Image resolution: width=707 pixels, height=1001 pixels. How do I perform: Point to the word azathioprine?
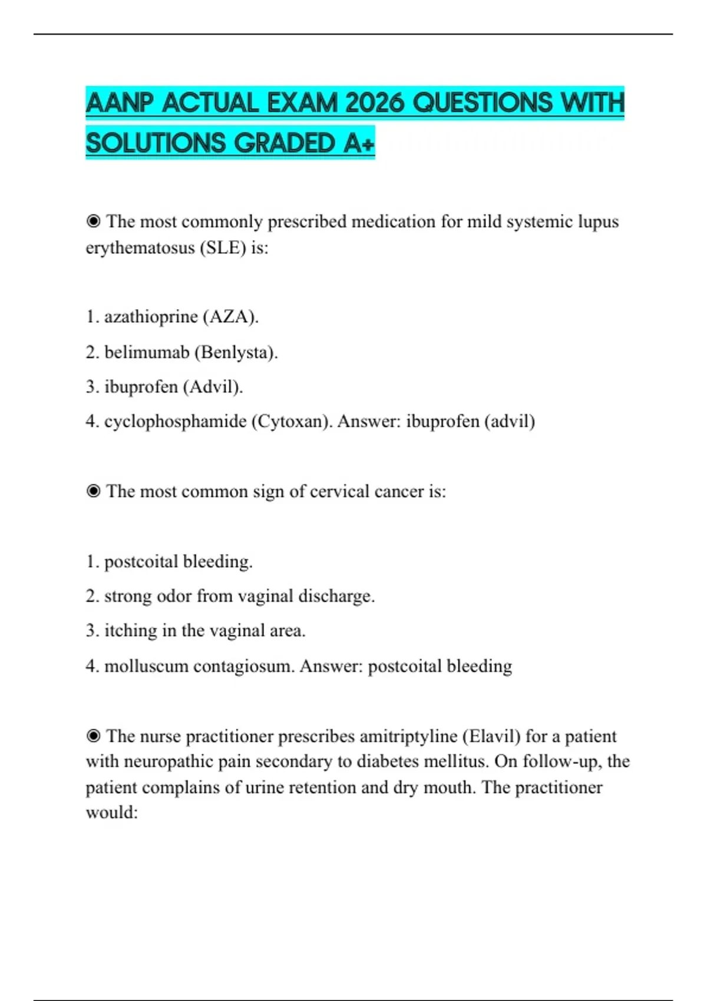tap(151, 317)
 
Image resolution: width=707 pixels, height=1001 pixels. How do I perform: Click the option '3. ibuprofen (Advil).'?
tap(164, 387)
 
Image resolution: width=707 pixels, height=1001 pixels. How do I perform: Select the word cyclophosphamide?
tap(175, 422)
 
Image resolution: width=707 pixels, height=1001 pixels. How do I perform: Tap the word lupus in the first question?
tap(598, 222)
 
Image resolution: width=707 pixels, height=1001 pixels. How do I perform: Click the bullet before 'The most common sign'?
tap(93, 491)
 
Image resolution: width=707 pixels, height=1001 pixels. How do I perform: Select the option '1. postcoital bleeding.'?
tap(169, 562)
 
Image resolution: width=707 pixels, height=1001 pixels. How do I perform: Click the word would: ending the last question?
tap(112, 813)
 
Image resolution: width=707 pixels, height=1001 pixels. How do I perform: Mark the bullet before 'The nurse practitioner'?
tap(93, 736)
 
